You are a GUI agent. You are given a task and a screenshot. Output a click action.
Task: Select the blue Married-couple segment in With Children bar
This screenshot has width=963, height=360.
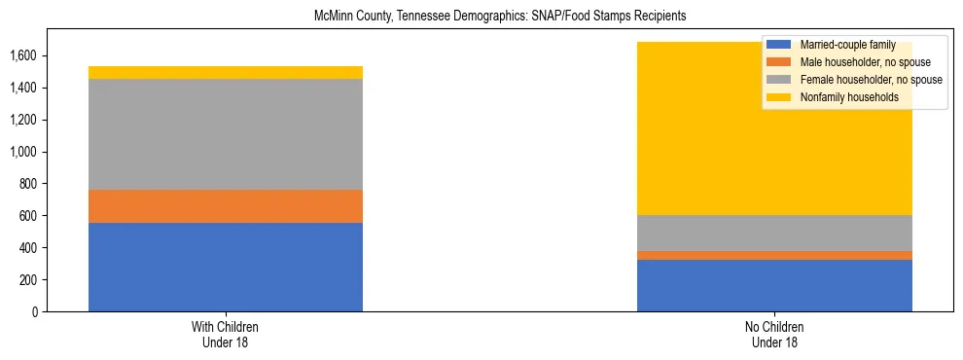pos(226,267)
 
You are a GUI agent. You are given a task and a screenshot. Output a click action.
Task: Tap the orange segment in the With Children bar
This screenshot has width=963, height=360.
pos(226,206)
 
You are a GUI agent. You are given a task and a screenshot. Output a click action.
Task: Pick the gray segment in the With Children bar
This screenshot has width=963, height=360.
pos(226,134)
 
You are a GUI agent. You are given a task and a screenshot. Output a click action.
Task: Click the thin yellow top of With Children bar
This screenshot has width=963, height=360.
pos(226,73)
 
